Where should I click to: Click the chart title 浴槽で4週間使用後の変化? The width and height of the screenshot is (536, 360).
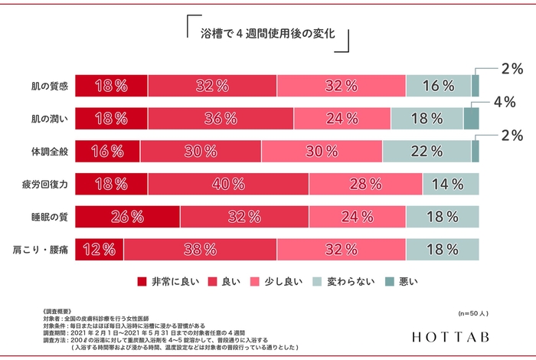click(267, 34)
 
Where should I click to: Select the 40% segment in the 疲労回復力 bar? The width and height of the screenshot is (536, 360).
click(228, 184)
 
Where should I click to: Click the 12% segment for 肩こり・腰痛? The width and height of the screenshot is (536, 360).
click(99, 250)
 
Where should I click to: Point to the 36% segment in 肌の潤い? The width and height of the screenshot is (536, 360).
click(221, 119)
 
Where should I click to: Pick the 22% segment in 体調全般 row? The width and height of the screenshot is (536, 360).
click(427, 151)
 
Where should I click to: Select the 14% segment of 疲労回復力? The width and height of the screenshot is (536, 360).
click(450, 184)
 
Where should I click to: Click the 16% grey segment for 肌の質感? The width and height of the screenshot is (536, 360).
click(438, 86)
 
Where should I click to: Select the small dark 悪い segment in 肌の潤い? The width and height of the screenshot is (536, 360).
click(472, 119)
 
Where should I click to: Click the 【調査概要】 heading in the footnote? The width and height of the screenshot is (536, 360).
click(64, 312)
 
